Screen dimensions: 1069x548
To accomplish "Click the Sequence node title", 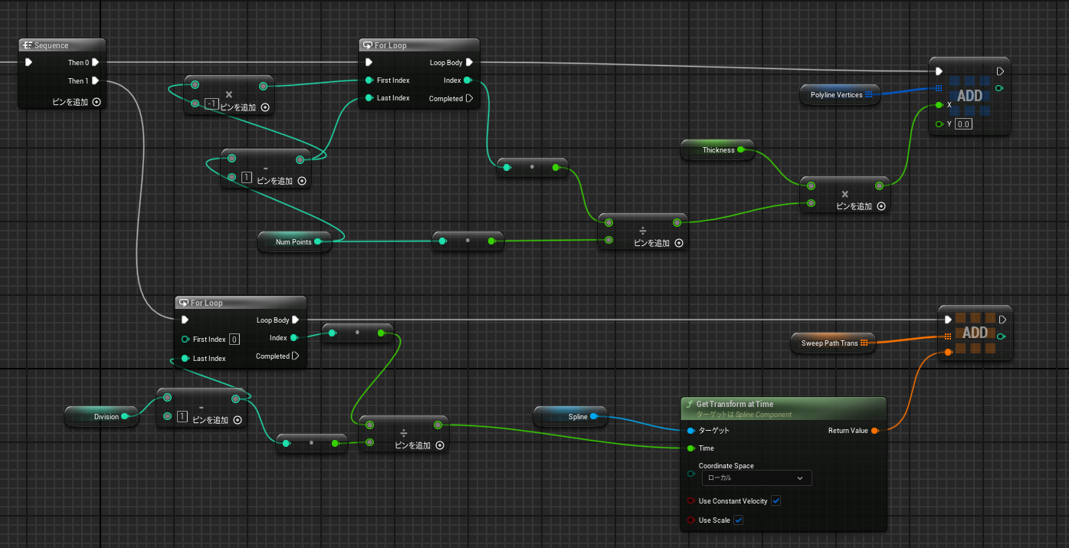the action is tap(51, 45).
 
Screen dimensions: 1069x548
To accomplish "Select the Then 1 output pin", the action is tap(96, 80).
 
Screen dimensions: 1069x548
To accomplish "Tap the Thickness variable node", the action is tap(718, 150).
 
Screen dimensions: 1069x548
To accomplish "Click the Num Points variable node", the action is tap(294, 241).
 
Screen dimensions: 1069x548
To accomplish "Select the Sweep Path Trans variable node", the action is tap(833, 343).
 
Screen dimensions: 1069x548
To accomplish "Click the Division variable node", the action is tap(101, 416).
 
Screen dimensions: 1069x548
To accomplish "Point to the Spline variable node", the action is tap(570, 416).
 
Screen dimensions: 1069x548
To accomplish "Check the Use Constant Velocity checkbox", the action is tap(776, 500).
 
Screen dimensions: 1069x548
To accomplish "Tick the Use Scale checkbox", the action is tap(738, 520).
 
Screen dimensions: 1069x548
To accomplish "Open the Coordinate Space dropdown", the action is tap(756, 477).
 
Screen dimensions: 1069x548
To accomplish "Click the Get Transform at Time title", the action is tap(734, 404).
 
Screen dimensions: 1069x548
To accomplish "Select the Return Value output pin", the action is tap(875, 431).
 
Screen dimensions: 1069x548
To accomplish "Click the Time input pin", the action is tap(690, 448).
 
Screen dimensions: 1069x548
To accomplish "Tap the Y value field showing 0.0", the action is tap(963, 124).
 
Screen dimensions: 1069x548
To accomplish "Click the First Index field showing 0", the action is tap(234, 340).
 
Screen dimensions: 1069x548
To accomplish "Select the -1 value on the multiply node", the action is tap(212, 103).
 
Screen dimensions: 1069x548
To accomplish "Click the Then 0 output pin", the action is tap(96, 62).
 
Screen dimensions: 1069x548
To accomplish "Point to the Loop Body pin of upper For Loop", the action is tap(470, 62).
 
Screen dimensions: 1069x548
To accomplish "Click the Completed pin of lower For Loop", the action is tap(295, 356).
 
